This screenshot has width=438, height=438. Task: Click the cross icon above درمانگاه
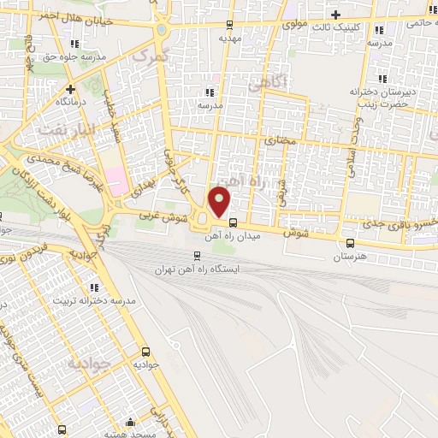tap(70, 88)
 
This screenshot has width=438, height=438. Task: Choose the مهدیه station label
tap(230, 38)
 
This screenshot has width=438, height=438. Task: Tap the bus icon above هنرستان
tap(349, 243)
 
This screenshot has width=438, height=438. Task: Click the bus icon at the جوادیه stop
tap(145, 351)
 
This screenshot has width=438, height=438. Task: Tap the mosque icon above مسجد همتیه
tap(130, 421)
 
